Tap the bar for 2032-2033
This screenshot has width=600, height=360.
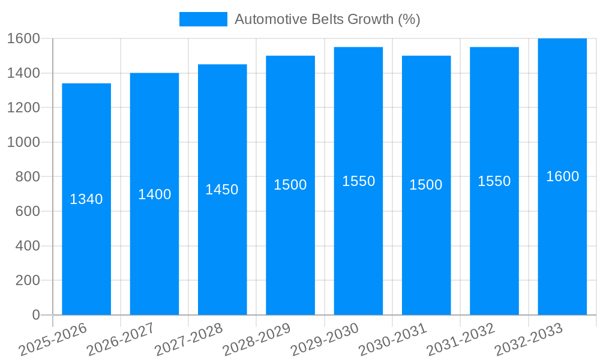[x=562, y=240]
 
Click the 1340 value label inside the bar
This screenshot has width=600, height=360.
[x=86, y=199]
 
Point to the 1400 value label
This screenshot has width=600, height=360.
[x=154, y=194]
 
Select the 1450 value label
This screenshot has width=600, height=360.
[x=222, y=190]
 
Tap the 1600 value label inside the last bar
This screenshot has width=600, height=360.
[x=562, y=176]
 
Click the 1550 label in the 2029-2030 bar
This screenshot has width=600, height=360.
[x=358, y=181]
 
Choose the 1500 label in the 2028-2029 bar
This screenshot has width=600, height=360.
[x=290, y=185]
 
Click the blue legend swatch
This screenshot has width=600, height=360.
[x=203, y=19]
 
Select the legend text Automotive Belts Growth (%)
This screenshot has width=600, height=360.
[x=327, y=19]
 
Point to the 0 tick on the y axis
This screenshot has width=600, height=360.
[x=35, y=315]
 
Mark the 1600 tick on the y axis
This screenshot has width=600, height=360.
[x=23, y=38]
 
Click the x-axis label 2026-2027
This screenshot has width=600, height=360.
[x=121, y=339]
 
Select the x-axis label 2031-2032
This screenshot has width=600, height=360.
[x=460, y=339]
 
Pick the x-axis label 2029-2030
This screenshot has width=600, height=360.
[x=325, y=339]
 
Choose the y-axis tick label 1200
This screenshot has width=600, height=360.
[x=23, y=107]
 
